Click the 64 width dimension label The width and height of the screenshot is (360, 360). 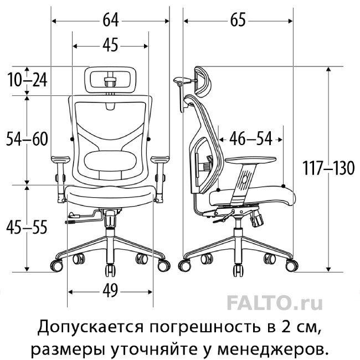(110, 20)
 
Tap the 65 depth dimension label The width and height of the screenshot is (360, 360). (238, 20)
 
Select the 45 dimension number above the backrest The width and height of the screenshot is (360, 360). (110, 45)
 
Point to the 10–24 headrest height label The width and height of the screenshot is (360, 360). (27, 80)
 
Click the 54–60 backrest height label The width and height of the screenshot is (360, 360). (27, 139)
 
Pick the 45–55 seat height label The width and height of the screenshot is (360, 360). (27, 227)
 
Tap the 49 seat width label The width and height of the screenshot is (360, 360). (110, 291)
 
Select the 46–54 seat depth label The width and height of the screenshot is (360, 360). (251, 138)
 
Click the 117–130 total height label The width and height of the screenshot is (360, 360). (328, 168)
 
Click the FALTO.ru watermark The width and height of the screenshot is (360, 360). (275, 303)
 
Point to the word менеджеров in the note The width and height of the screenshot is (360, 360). (271, 349)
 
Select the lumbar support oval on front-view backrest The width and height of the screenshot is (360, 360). (110, 161)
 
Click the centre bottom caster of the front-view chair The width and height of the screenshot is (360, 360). (110, 271)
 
